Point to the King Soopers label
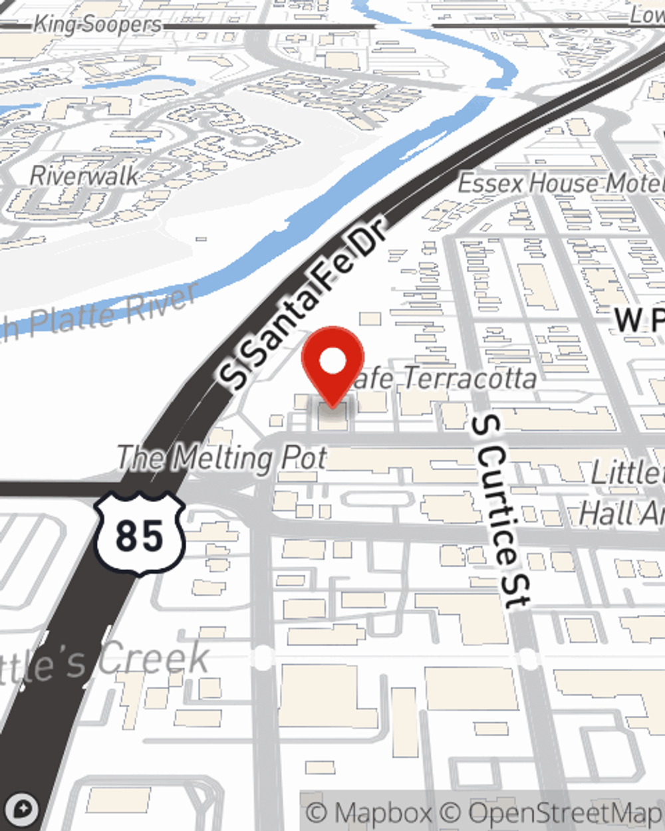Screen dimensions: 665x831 [97, 25]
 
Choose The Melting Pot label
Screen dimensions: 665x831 [222, 458]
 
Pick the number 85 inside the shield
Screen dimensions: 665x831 [139, 535]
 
